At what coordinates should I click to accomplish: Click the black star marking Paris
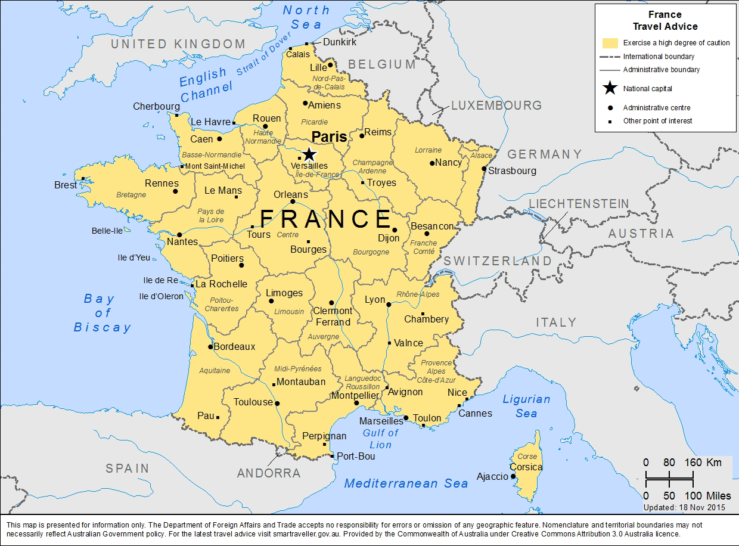pos(309,154)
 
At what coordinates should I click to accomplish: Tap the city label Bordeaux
pos(234,346)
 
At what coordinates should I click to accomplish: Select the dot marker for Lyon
pos(389,305)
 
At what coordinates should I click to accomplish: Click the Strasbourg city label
pos(512,170)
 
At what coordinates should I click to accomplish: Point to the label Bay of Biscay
pos(102,313)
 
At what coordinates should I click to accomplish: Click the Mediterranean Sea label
pos(406,483)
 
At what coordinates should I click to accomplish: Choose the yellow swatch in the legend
pos(610,43)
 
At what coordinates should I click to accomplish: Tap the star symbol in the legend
pos(610,89)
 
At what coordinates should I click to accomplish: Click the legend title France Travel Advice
pos(665,21)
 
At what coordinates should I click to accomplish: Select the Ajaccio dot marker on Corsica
pos(513,476)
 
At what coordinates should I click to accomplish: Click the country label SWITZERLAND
pos(498,261)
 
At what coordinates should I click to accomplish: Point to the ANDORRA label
pos(269,473)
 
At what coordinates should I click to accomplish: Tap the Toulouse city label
pos(253,402)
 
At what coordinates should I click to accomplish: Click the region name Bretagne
pos(131,195)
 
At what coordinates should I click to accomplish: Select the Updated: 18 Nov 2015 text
pos(684,507)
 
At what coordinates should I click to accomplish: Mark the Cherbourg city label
pos(156,107)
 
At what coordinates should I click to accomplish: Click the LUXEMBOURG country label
pos(496,106)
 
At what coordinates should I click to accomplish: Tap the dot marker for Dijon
pos(395,229)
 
